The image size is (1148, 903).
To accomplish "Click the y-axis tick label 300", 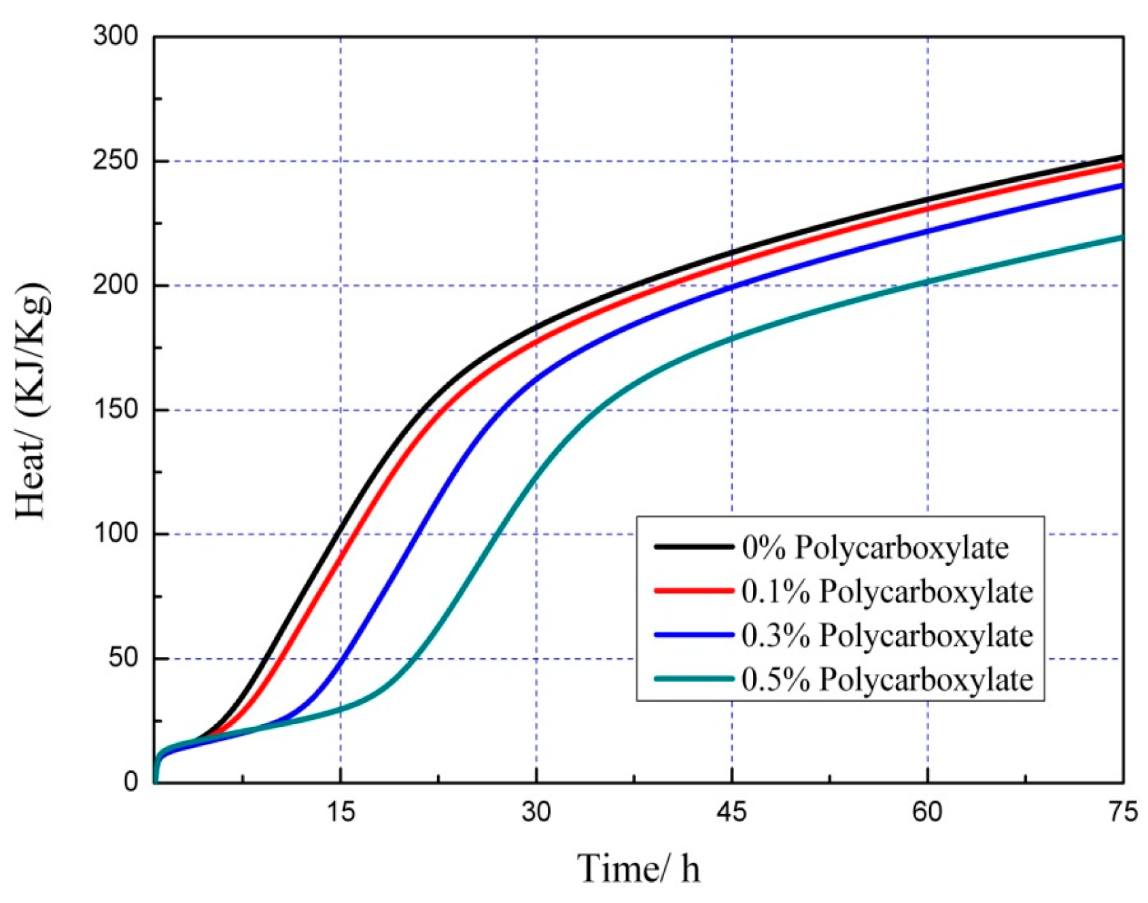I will pos(115,36).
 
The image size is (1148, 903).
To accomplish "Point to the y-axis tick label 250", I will pos(115,161).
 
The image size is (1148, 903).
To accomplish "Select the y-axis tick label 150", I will pos(115,409).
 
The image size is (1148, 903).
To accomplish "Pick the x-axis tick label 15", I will pos(341,812).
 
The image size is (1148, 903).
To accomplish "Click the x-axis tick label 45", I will pos(731,812).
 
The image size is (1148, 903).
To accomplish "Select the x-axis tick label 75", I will pos(1122,812).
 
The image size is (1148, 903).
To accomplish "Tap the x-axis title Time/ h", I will pos(638,868).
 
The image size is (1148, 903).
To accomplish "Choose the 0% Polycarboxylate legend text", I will pos(875,547).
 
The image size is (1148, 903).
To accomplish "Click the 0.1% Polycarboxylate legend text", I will pos(887,592).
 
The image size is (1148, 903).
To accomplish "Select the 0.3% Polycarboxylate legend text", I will pos(887,635).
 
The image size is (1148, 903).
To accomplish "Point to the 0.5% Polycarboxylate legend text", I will pos(887,679).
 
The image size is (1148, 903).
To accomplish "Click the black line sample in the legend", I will pos(693,547).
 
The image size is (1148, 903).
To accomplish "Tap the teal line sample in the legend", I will pos(693,679).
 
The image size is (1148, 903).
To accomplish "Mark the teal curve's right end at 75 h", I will pos(1121,237).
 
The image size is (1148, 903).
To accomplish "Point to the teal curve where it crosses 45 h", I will pos(732,338).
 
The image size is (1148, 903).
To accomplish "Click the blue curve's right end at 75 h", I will pos(1121,185).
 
